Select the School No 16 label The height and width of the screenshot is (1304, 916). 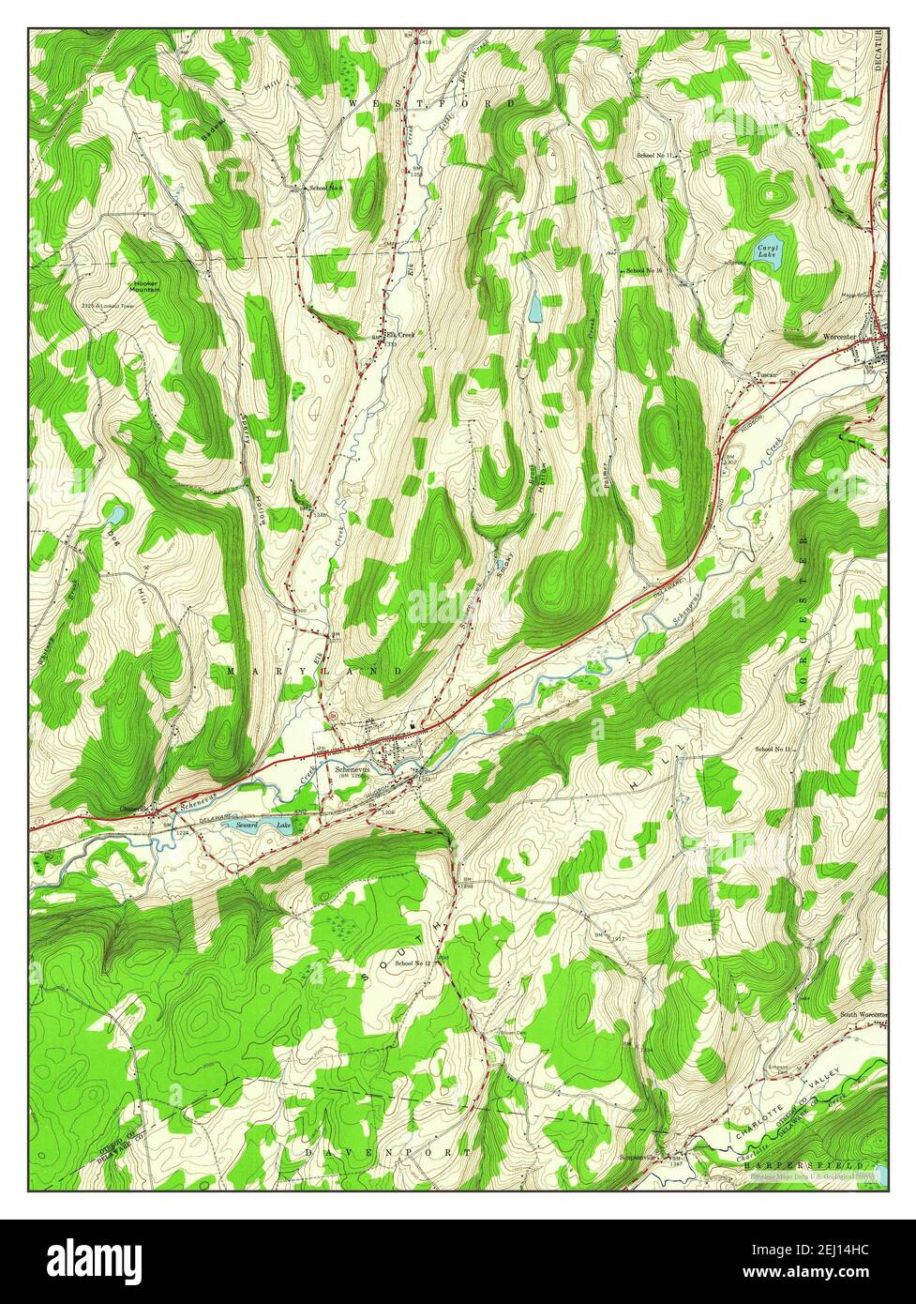pyautogui.click(x=644, y=271)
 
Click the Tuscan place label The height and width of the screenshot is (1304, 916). pyautogui.click(x=767, y=375)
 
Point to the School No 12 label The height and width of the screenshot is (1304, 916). pyautogui.click(x=413, y=963)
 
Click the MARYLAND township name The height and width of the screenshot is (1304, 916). pyautogui.click(x=313, y=672)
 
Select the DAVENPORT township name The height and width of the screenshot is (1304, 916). pyautogui.click(x=387, y=1150)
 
